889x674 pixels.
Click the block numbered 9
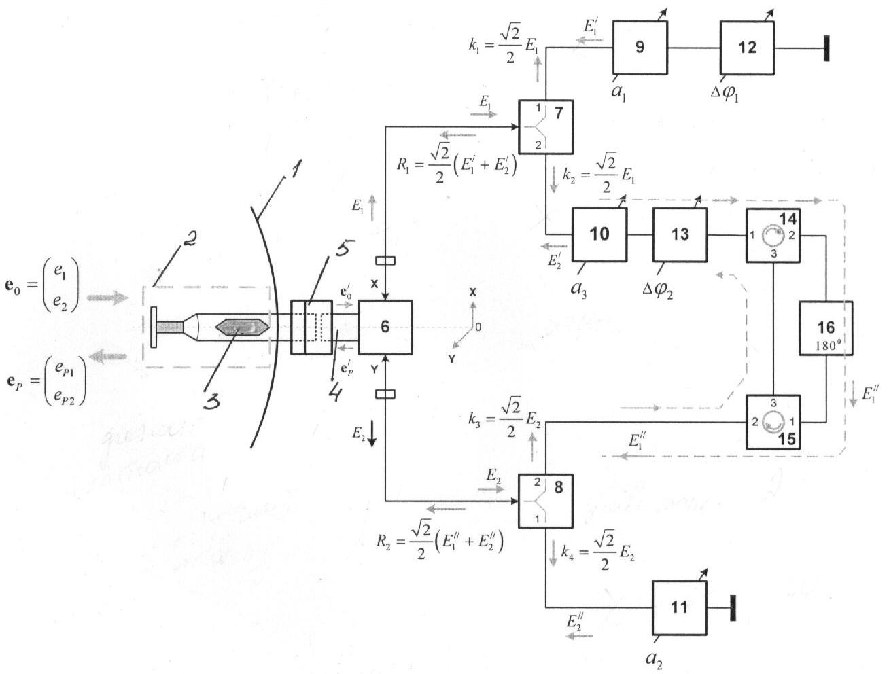coord(640,47)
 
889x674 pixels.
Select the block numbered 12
coord(747,47)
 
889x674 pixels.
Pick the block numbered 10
coord(599,234)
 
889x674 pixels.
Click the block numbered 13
coord(680,234)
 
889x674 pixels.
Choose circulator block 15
coord(773,422)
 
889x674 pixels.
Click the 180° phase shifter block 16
coord(826,328)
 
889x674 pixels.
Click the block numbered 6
coord(385,327)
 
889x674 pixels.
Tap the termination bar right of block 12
coord(826,48)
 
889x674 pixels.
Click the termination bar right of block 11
coord(733,607)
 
